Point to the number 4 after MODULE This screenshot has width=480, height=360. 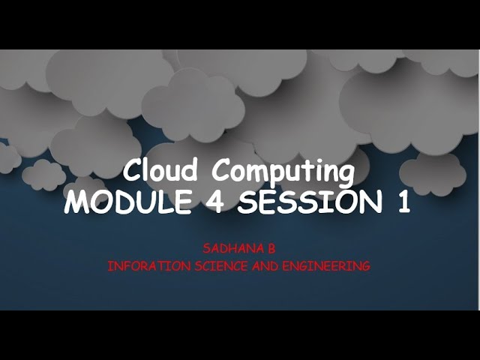(214, 202)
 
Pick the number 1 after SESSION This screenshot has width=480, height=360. (404, 202)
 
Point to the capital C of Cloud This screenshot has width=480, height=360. (133, 172)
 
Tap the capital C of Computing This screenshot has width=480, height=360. (221, 172)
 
